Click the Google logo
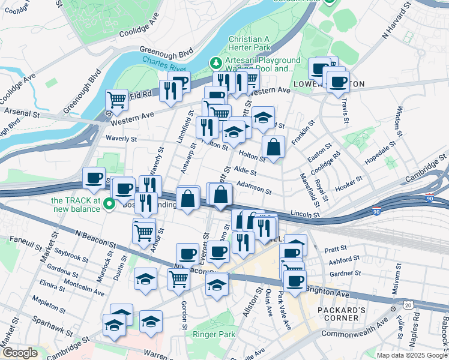20,353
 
